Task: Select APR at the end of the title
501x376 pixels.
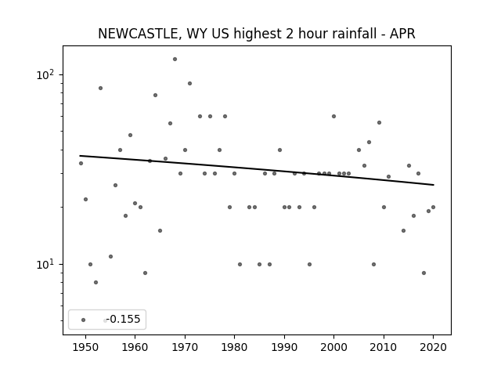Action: point(402,34)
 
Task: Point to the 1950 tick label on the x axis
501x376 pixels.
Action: point(85,347)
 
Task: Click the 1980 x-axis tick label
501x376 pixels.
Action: point(234,347)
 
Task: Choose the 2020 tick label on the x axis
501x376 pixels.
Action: point(433,347)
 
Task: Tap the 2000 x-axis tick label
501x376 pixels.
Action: point(333,347)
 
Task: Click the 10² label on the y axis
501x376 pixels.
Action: point(45,75)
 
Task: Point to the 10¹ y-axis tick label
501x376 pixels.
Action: point(45,265)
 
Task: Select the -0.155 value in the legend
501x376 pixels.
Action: point(124,319)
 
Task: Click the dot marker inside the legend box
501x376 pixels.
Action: point(84,320)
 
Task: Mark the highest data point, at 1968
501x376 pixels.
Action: point(175,60)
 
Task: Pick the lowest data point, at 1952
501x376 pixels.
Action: point(96,282)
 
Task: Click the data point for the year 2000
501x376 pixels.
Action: point(334,117)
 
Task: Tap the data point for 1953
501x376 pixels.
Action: point(101,89)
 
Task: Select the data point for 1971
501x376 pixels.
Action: point(189,84)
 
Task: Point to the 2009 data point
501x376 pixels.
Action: point(379,122)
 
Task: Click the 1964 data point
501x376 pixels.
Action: point(155,95)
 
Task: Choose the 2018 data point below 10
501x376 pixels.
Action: point(424,273)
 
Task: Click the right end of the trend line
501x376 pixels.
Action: point(434,185)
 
